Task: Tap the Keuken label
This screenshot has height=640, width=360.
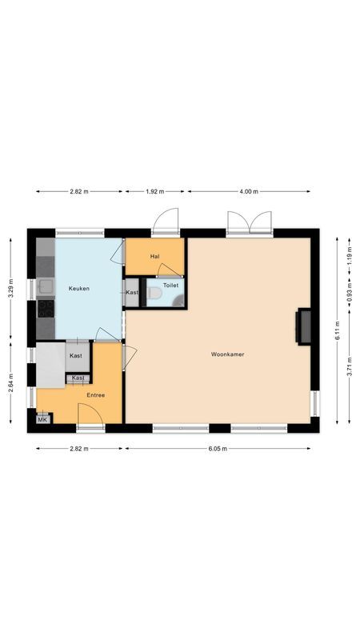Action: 78,288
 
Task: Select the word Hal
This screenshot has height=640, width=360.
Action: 154,256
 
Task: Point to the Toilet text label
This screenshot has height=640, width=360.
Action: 170,284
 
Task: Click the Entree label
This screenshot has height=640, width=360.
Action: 96,394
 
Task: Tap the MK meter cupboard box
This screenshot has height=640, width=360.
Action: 42,418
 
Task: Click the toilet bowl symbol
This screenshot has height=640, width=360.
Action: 154,294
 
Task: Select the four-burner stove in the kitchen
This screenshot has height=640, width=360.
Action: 45,307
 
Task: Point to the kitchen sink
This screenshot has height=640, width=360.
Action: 45,286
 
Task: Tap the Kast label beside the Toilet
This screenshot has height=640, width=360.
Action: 132,293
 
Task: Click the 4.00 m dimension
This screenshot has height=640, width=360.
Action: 249,192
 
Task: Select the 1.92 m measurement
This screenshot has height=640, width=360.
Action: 154,192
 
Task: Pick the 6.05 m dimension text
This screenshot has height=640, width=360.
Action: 218,449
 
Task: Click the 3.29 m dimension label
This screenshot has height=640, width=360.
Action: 10,286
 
